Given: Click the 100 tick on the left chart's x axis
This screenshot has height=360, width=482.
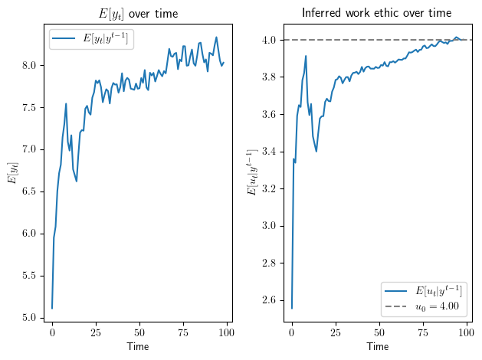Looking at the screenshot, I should [x=227, y=334].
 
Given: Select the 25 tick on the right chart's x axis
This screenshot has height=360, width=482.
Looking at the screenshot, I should [x=335, y=334].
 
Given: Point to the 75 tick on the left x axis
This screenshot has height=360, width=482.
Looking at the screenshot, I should [x=183, y=334].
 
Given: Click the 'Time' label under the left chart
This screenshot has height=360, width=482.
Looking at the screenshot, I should [x=138, y=347].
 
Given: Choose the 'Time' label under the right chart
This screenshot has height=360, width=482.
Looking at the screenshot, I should [x=377, y=347].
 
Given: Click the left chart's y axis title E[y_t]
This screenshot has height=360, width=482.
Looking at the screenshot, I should [x=11, y=174].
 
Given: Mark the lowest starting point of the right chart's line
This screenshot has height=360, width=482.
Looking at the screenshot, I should [x=291, y=308].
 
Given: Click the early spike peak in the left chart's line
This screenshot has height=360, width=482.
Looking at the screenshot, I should [x=66, y=103].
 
